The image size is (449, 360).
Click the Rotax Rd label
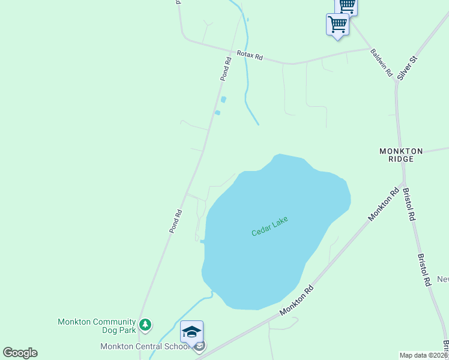pyautogui.click(x=250, y=55)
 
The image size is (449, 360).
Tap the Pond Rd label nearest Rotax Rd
pyautogui.click(x=225, y=69)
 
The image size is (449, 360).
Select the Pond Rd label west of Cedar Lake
pyautogui.click(x=175, y=221)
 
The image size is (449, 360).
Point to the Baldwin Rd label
pyautogui.click(x=381, y=62)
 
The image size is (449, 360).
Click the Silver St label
pyautogui.click(x=406, y=67)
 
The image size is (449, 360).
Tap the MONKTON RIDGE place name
pyautogui.click(x=401, y=155)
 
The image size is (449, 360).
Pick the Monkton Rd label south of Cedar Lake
pyautogui.click(x=297, y=301)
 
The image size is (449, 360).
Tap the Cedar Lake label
pyautogui.click(x=270, y=226)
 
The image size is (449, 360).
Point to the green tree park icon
pyautogui.click(x=145, y=325)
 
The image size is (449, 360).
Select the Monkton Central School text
pyautogui.click(x=146, y=346)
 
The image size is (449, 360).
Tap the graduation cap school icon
pyautogui.click(x=192, y=332)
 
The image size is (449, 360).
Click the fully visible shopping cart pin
pyautogui.click(x=337, y=25)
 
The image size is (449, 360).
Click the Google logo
pyautogui.click(x=20, y=353)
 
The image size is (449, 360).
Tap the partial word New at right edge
pyautogui.click(x=442, y=279)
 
